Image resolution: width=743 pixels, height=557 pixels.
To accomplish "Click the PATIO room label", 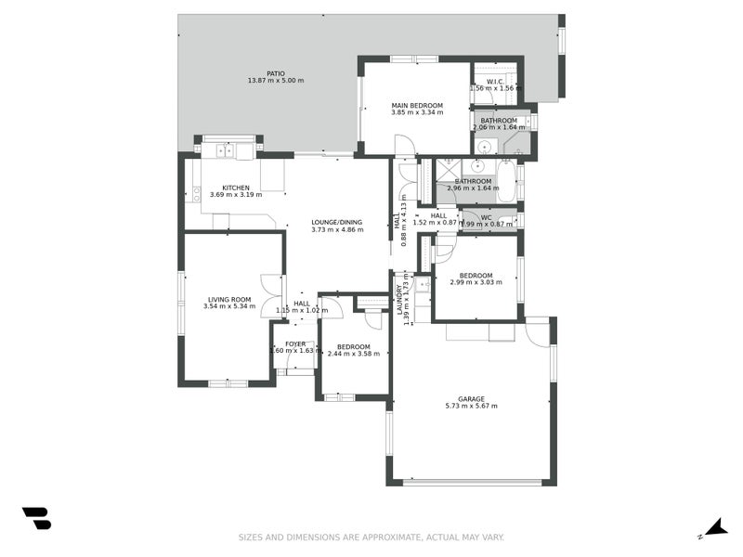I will pyautogui.click(x=276, y=73).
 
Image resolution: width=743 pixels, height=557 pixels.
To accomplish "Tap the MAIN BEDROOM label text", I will pyautogui.click(x=417, y=106).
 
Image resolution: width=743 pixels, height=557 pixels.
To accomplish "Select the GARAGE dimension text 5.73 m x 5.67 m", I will pyautogui.click(x=471, y=406).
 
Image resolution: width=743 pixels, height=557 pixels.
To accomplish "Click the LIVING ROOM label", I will pyautogui.click(x=228, y=298).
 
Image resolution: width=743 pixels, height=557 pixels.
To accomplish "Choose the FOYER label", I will pyautogui.click(x=295, y=343).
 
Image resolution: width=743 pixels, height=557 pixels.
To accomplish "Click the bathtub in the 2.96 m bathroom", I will pyautogui.click(x=506, y=181).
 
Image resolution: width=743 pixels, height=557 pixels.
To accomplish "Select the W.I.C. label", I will pyautogui.click(x=495, y=81).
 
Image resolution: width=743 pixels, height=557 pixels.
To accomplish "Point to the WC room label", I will pyautogui.click(x=486, y=217).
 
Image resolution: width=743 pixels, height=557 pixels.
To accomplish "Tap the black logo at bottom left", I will pyautogui.click(x=36, y=518).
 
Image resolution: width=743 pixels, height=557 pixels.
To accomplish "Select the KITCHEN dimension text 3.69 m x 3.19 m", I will pyautogui.click(x=236, y=195).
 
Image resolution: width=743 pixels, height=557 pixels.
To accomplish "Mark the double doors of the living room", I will pyautogui.click(x=271, y=297).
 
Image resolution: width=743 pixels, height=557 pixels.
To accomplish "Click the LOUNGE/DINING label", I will pyautogui.click(x=336, y=222).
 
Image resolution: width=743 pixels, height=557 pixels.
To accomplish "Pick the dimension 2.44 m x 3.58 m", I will pyautogui.click(x=354, y=354).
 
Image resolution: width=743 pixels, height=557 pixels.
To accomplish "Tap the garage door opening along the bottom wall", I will pyautogui.click(x=472, y=482).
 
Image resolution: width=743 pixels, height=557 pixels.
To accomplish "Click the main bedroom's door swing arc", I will pyautogui.click(x=405, y=145).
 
